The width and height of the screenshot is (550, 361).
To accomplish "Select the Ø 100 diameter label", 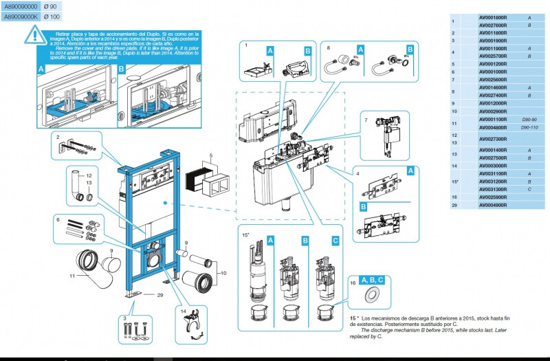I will [x=52, y=17].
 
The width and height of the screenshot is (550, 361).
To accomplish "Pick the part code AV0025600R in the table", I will [x=487, y=80].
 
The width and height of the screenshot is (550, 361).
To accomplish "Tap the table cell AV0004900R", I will [x=487, y=204].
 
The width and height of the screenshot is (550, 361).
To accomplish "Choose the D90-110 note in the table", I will [x=529, y=127].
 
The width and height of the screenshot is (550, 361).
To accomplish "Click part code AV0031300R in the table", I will [x=487, y=188].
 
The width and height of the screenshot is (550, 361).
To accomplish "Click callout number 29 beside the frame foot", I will [x=159, y=294].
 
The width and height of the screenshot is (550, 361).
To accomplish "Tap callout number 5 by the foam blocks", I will [x=212, y=155].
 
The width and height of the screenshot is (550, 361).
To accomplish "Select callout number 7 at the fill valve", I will [x=366, y=120].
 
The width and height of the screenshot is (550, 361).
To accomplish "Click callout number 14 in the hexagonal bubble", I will [x=184, y=311].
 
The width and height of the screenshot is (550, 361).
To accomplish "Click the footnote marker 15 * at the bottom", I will [x=353, y=319].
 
